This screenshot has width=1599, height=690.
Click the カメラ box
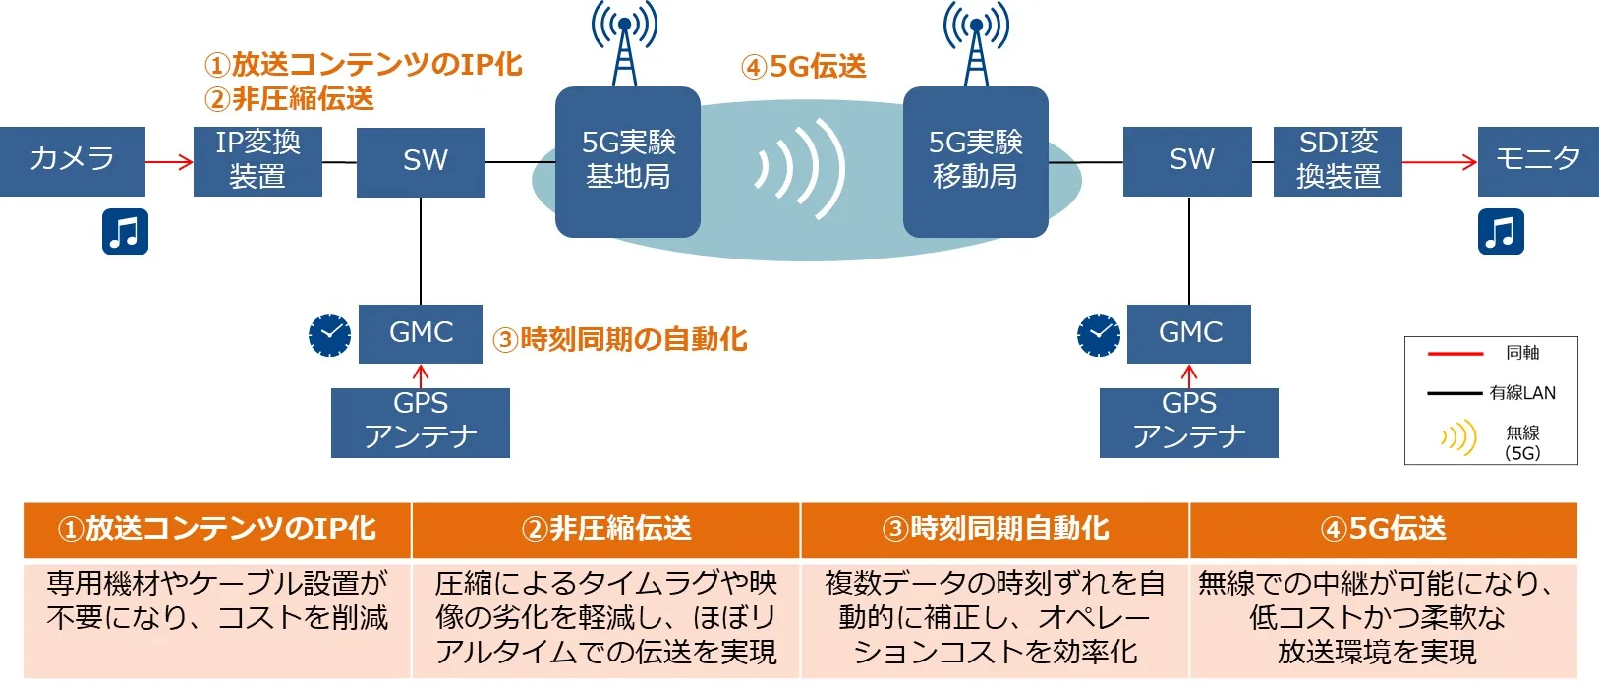(72, 160)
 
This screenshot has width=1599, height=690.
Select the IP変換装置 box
(257, 160)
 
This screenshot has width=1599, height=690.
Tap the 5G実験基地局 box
(628, 161)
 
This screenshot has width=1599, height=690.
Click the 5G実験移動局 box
(975, 161)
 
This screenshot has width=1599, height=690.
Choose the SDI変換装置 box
(1338, 160)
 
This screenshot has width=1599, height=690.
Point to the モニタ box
(1538, 160)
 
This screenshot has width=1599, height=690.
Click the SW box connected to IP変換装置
(422, 161)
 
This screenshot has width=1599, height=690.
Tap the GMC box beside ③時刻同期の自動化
(421, 333)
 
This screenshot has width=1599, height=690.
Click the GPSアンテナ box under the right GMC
(1188, 422)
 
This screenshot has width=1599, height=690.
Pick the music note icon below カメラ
(125, 232)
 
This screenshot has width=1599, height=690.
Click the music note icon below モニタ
(1501, 232)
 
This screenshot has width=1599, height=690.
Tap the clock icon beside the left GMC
(329, 335)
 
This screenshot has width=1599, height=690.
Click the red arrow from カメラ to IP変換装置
(169, 161)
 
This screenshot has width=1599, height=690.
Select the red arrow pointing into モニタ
(1439, 161)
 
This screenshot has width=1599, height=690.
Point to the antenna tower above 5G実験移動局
(976, 43)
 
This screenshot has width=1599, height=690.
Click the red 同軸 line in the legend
(1455, 353)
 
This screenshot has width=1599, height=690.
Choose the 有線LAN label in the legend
(1522, 393)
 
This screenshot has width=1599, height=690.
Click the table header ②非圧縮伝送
(605, 529)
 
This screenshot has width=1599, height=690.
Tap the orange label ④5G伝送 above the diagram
(803, 67)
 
